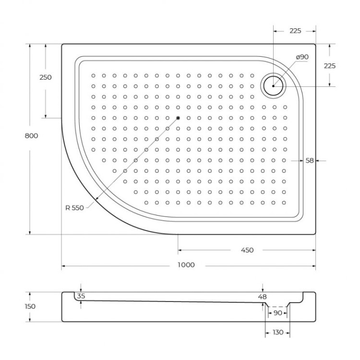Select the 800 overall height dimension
click(31, 136)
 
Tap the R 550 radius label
click(74, 208)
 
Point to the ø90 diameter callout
click(302, 57)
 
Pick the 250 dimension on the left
click(46, 77)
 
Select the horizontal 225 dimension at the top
click(295, 31)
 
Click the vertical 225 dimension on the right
click(330, 66)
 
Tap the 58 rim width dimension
click(309, 161)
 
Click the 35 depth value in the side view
click(81, 296)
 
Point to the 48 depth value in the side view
click(262, 297)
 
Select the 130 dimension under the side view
click(277, 332)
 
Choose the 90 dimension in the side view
click(277, 313)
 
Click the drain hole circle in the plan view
click(273, 86)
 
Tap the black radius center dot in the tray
click(177, 118)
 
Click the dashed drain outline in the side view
click(277, 306)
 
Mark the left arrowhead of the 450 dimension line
click(180, 250)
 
